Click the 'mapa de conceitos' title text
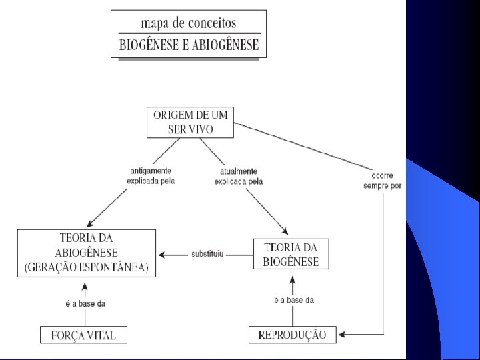pyautogui.click(x=189, y=23)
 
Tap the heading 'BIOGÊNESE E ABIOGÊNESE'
pyautogui.click(x=189, y=46)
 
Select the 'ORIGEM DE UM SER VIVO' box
pyautogui.click(x=190, y=122)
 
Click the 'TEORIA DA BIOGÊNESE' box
pyautogui.click(x=291, y=254)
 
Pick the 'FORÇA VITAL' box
pyautogui.click(x=83, y=335)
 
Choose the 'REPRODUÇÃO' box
pyautogui.click(x=293, y=335)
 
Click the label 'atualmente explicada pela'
pyautogui.click(x=239, y=176)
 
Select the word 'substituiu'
pyautogui.click(x=207, y=254)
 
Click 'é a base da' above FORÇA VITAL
pyautogui.click(x=86, y=304)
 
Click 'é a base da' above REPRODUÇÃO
pyautogui.click(x=294, y=300)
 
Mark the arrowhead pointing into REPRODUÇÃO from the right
pyautogui.click(x=342, y=334)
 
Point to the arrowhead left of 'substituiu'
pyautogui.click(x=162, y=254)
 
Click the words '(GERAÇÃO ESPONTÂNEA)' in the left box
pyautogui.click(x=86, y=268)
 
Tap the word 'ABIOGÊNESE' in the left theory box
pyautogui.click(x=86, y=253)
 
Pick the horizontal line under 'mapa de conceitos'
pyautogui.click(x=189, y=33)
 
